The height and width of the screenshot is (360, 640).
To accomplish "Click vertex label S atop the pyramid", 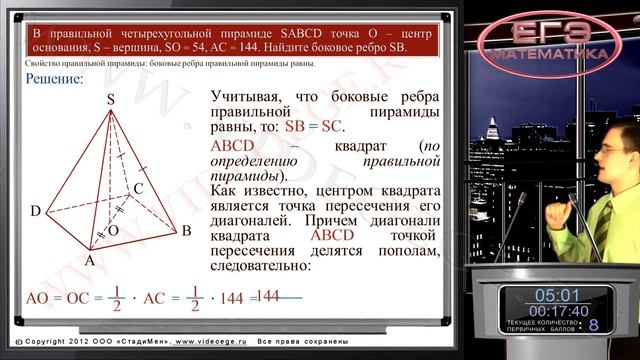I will click(x=110, y=99).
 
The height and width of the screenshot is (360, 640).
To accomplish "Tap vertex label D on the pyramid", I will click(x=35, y=211).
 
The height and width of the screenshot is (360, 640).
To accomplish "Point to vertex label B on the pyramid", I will click(x=186, y=230).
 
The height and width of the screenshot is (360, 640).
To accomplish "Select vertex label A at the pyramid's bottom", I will click(x=88, y=259).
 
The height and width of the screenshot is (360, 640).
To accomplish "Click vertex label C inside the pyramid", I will click(x=139, y=187).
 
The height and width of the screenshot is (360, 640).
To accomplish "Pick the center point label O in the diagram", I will click(x=112, y=230).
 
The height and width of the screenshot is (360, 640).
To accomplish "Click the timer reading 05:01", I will click(x=556, y=295).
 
